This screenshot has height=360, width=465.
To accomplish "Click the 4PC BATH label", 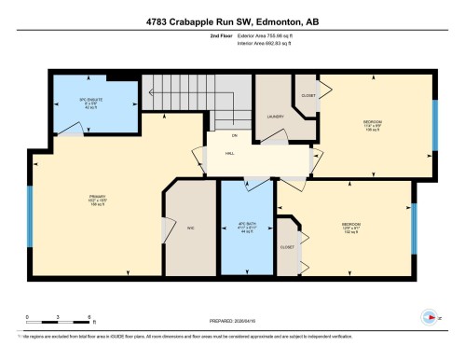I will click(x=246, y=226).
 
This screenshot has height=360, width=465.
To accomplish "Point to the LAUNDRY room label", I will click(x=274, y=117).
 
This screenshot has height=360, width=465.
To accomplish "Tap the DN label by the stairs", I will click(x=222, y=137).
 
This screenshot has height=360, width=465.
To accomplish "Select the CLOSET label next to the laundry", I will click(x=308, y=95).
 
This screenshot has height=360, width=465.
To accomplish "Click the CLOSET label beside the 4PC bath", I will click(x=287, y=247).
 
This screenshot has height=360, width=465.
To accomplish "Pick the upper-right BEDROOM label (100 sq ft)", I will click(x=371, y=123).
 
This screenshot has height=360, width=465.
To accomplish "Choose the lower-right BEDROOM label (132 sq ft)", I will click(x=350, y=226).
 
